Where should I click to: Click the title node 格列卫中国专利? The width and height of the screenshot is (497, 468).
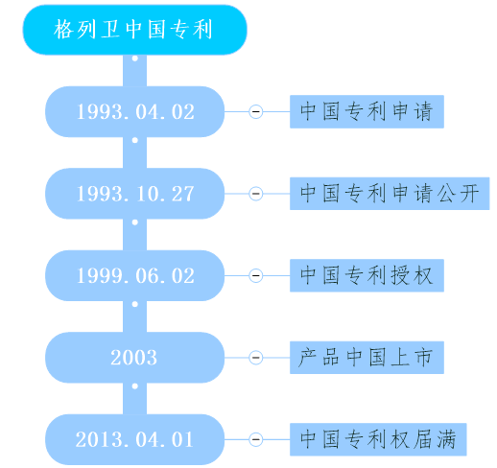(134, 30)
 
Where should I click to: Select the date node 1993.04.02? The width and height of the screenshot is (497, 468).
(134, 111)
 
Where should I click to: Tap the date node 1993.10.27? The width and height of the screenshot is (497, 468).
(134, 194)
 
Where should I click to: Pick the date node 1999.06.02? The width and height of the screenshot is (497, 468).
(134, 275)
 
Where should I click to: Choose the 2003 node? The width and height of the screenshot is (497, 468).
(134, 358)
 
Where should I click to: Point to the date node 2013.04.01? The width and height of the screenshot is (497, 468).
(134, 439)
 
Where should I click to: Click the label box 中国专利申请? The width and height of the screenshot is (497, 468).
(367, 111)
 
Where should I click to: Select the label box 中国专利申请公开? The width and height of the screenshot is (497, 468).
(390, 194)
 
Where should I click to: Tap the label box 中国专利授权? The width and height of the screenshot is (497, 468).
(367, 275)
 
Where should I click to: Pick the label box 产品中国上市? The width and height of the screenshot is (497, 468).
(367, 358)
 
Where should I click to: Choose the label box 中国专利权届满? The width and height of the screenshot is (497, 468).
(378, 439)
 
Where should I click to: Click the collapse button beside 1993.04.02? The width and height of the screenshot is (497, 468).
(256, 111)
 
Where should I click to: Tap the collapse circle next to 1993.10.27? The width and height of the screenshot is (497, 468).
(256, 194)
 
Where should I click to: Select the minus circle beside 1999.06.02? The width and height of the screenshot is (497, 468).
(256, 275)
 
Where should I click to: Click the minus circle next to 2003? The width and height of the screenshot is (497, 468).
(256, 358)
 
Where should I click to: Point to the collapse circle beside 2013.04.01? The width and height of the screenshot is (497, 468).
(256, 439)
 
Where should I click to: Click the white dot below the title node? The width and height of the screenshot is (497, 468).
(135, 58)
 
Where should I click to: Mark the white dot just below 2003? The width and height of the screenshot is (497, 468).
(135, 386)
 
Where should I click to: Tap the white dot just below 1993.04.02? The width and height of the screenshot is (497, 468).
(135, 140)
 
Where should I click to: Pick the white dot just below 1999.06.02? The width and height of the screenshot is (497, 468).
(135, 304)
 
